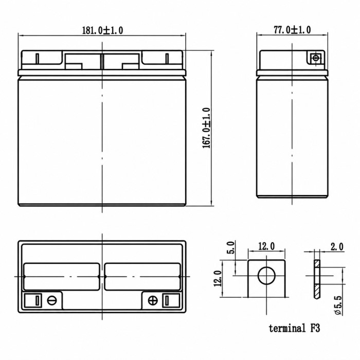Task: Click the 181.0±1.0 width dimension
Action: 102,30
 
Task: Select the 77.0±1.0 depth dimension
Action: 292,30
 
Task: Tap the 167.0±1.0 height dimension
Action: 206,128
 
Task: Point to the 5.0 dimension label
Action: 231,247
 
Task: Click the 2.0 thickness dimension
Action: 337,247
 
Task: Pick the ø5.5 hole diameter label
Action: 339,305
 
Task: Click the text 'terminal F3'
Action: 294,328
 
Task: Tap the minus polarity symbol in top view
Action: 51,300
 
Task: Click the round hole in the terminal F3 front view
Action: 266,276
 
